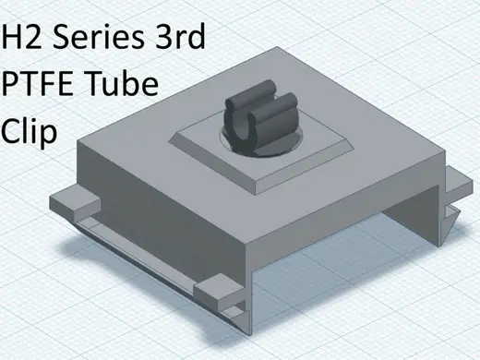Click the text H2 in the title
pyautogui.click(x=21, y=36)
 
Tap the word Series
pyautogui.click(x=98, y=36)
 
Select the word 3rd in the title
pyautogui.click(x=180, y=36)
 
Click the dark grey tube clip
pyautogui.click(x=261, y=118)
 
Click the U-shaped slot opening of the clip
pyautogui.click(x=244, y=130)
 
